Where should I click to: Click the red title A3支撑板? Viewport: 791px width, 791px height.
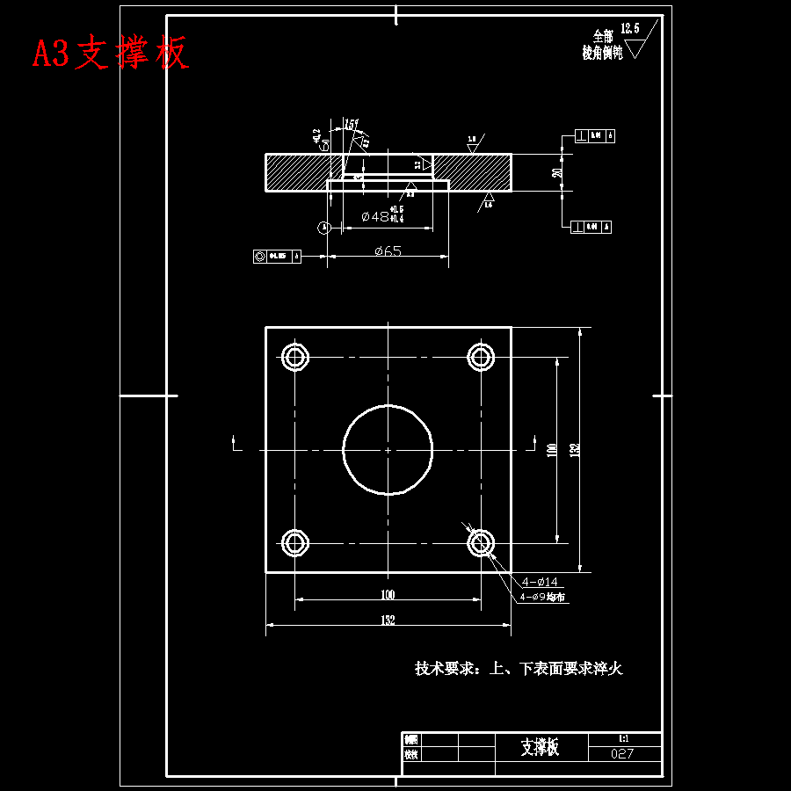pyautogui.click(x=111, y=54)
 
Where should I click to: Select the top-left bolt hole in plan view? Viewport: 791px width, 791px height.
pyautogui.click(x=295, y=356)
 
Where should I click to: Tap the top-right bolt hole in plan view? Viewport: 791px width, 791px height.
pyautogui.click(x=480, y=356)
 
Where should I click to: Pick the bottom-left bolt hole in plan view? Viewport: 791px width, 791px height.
pyautogui.click(x=295, y=543)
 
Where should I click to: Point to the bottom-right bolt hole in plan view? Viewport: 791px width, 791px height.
pyautogui.click(x=480, y=543)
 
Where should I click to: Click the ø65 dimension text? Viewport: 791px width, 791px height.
pyautogui.click(x=388, y=250)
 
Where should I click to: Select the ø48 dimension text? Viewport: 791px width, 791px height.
pyautogui.click(x=375, y=215)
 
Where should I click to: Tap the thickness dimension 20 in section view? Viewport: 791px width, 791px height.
pyautogui.click(x=556, y=172)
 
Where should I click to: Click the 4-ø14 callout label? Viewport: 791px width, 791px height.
pyautogui.click(x=540, y=582)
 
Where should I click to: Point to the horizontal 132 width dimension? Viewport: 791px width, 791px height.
pyautogui.click(x=388, y=620)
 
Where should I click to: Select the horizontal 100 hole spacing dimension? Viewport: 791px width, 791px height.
pyautogui.click(x=388, y=594)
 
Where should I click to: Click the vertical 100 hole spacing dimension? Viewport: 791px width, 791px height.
pyautogui.click(x=552, y=449)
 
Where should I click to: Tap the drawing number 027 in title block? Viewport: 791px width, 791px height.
pyautogui.click(x=622, y=754)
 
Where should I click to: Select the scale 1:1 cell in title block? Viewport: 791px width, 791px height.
pyautogui.click(x=622, y=738)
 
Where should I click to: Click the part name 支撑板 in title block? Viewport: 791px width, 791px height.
pyautogui.click(x=539, y=747)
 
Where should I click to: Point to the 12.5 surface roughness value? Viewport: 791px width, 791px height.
pyautogui.click(x=629, y=28)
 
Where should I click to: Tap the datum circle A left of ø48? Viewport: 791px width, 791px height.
pyautogui.click(x=324, y=227)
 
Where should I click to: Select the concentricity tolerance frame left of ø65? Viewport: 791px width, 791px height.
pyautogui.click(x=277, y=257)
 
